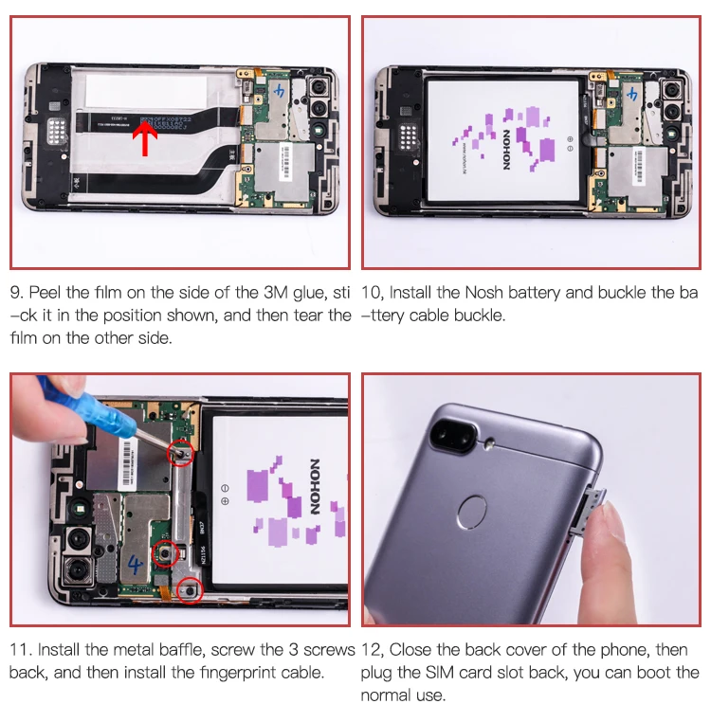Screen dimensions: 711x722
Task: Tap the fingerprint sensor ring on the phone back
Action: click(x=472, y=512)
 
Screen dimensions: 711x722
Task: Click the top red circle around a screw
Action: click(x=180, y=454)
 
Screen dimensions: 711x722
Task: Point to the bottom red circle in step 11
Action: click(x=190, y=590)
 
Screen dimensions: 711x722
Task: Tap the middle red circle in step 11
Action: click(x=165, y=553)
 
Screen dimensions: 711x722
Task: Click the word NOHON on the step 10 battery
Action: click(x=506, y=149)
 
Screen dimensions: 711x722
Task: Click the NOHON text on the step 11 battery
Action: click(x=315, y=486)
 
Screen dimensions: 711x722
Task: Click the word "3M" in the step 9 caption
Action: click(x=276, y=293)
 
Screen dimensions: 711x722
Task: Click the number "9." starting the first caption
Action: click(x=16, y=293)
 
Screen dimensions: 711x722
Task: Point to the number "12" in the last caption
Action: click(x=370, y=650)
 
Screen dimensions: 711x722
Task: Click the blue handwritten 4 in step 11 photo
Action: click(x=135, y=564)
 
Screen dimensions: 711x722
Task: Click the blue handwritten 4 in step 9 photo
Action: click(x=280, y=91)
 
